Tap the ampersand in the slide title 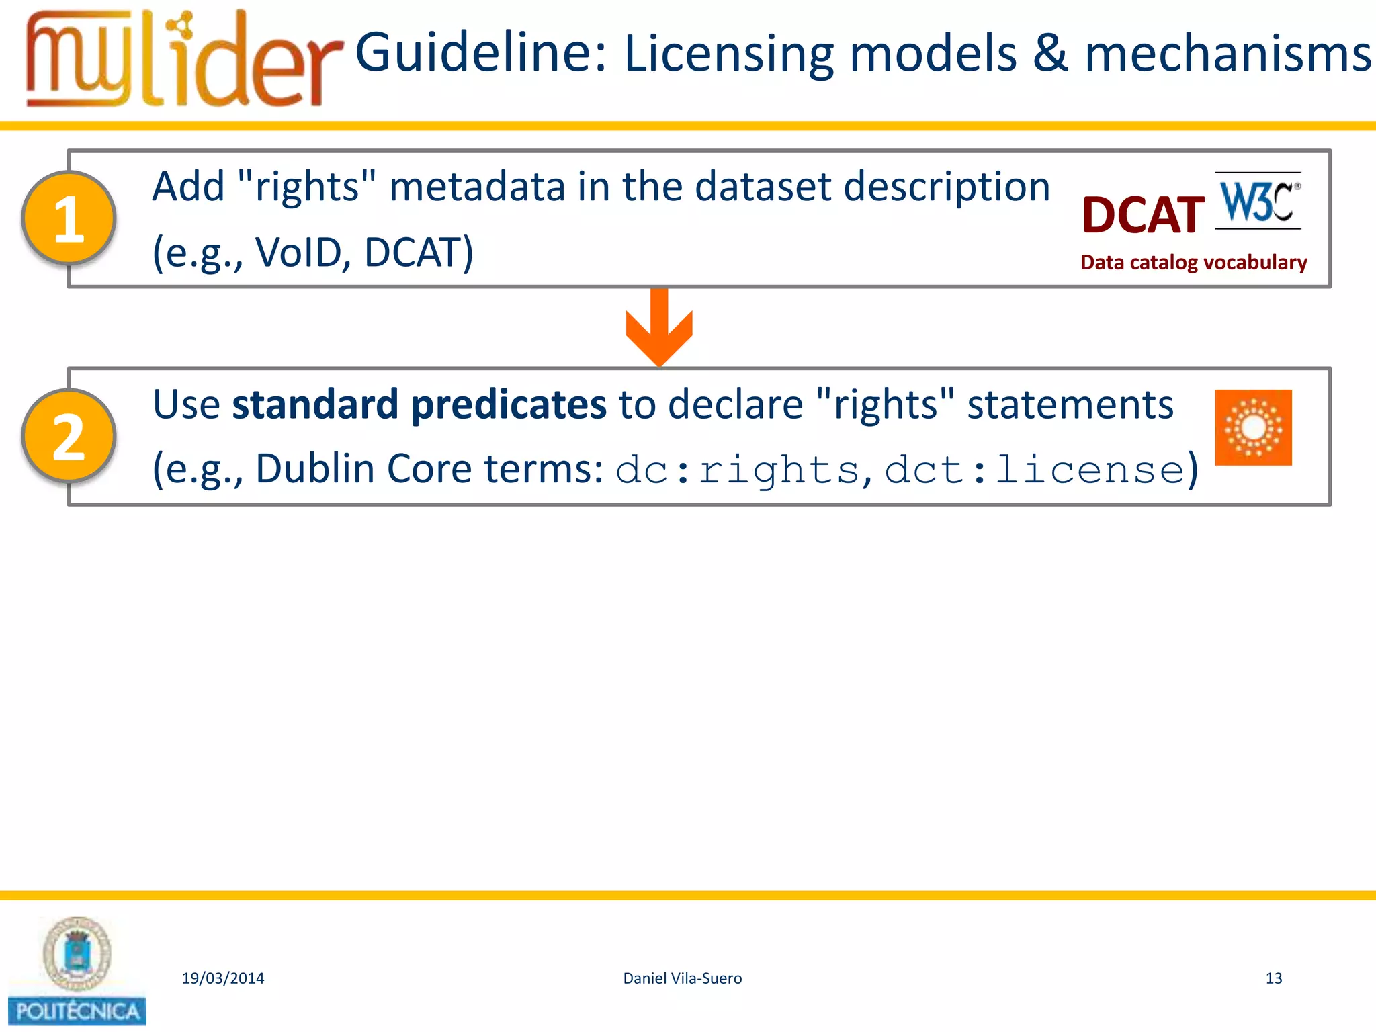point(1050,54)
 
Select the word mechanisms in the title point(1228,54)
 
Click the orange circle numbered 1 point(69,218)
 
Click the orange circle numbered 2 point(69,437)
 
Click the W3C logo point(1258,201)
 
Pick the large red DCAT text point(1143,216)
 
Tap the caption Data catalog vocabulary point(1193,262)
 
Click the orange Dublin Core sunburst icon point(1253,427)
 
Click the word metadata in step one point(477,186)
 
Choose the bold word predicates point(509,404)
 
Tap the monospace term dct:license point(1035,470)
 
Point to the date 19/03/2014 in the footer point(223,978)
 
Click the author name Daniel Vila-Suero point(682,978)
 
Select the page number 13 point(1273,978)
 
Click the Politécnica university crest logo point(77,971)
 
